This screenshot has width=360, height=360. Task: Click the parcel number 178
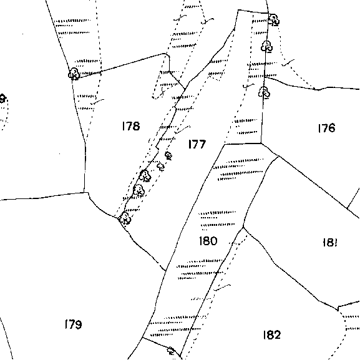tap(131, 126)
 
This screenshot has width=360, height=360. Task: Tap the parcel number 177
tap(197, 144)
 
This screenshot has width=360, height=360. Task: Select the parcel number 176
tap(327, 128)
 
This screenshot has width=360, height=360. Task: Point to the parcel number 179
tap(73, 324)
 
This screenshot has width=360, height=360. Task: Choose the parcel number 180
tap(208, 241)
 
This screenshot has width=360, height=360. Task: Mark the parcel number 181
tap(330, 242)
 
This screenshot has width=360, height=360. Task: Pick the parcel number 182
tap(272, 335)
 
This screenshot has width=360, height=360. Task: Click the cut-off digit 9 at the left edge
tap(2, 99)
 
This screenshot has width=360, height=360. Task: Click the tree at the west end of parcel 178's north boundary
tap(74, 74)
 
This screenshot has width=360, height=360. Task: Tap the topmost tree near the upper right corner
tap(274, 20)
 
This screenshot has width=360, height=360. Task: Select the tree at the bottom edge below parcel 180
tap(171, 351)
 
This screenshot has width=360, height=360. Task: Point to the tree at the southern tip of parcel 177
tap(125, 218)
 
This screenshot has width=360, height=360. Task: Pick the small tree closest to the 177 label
tap(168, 155)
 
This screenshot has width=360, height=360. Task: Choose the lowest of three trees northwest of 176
tap(265, 92)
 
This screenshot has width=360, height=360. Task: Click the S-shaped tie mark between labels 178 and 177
tap(182, 130)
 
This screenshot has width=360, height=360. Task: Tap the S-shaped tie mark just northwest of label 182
tap(222, 288)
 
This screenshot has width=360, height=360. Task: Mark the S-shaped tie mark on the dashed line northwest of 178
tap(97, 102)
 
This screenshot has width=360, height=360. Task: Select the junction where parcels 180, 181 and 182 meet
tap(243, 228)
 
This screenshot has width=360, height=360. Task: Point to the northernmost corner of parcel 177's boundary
tap(238, 10)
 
